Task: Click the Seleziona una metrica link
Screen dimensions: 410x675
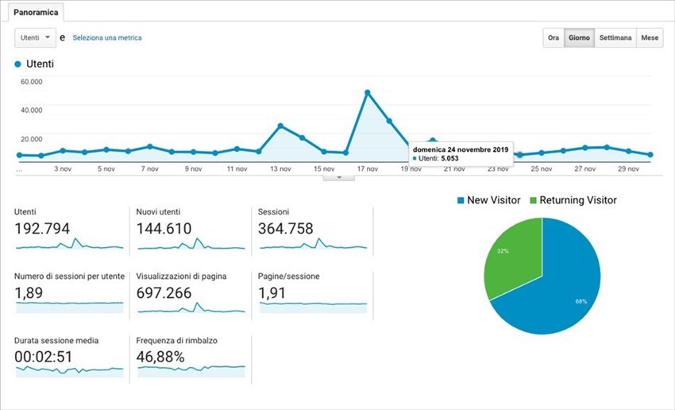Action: (x=107, y=37)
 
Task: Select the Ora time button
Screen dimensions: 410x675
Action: (x=553, y=38)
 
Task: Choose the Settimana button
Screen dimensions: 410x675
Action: (x=616, y=38)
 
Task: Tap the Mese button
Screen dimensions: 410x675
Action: (x=650, y=38)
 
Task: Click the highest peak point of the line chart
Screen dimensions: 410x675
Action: (x=368, y=93)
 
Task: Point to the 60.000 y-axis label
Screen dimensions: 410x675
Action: (x=32, y=82)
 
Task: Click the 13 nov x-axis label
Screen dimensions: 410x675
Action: (x=280, y=169)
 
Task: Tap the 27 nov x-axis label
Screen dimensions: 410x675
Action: (x=584, y=169)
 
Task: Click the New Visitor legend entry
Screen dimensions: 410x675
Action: (x=488, y=200)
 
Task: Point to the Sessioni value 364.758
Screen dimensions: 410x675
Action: (x=285, y=228)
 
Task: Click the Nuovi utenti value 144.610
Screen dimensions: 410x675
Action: (x=164, y=228)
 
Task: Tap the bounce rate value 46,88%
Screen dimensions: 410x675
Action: (x=160, y=357)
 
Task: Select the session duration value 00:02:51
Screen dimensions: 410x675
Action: (x=44, y=357)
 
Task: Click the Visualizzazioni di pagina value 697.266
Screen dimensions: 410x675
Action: (x=164, y=293)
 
